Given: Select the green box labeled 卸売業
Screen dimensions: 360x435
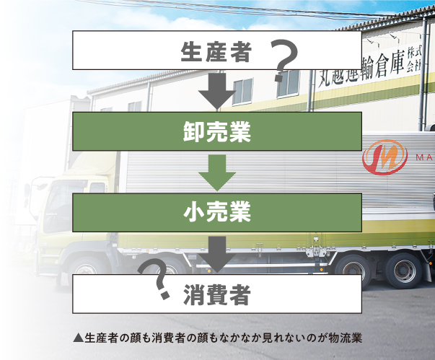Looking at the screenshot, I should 216,132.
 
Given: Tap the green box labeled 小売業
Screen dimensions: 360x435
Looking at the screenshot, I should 216,213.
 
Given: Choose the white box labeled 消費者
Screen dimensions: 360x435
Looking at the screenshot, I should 216,294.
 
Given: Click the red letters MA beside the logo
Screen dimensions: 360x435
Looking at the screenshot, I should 423,157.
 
